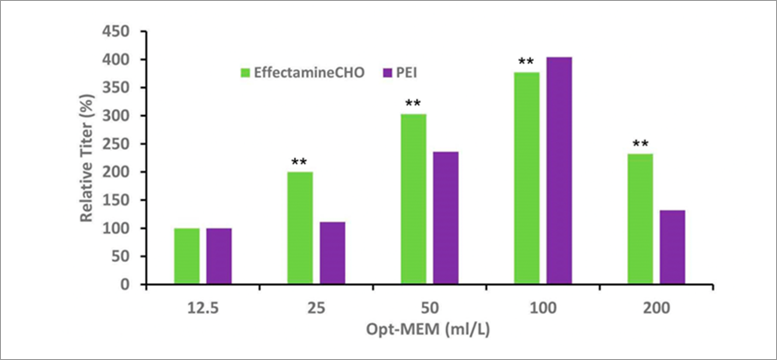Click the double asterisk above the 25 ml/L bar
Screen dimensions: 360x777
tap(300, 163)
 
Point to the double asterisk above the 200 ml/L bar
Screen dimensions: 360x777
tap(640, 144)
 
